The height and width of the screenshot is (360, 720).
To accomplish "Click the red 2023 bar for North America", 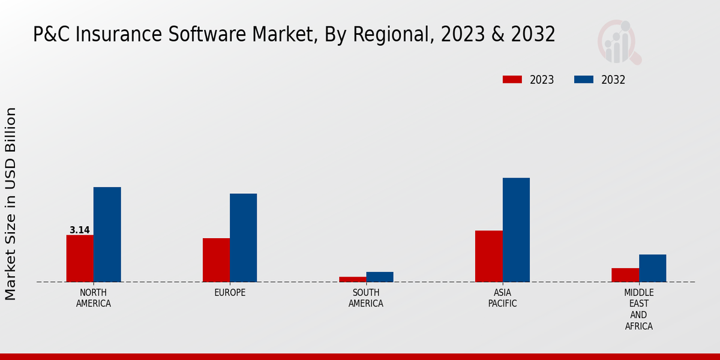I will coord(80,258).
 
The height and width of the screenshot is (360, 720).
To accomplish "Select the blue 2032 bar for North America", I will coord(107,234).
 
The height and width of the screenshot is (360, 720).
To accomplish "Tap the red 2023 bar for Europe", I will coord(216,260).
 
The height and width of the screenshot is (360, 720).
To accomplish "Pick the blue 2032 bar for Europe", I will coord(243,238).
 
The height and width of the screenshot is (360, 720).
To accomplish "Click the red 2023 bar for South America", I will coord(352,279).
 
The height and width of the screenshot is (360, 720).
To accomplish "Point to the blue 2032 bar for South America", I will coord(380,277).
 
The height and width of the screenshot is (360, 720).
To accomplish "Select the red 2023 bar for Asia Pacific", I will coord(488,256).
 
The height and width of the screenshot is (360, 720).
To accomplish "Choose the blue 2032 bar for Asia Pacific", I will coord(516,230).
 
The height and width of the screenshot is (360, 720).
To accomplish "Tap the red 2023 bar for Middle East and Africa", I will coord(625,275).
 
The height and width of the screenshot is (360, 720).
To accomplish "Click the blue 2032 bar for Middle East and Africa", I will coord(652,268).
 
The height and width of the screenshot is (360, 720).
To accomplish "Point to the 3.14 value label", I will coord(80,230).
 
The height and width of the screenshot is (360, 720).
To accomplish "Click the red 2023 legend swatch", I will coord(512,80).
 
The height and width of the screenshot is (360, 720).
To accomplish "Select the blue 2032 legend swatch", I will coord(584,80).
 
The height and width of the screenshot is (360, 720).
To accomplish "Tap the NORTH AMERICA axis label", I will coord(94,298).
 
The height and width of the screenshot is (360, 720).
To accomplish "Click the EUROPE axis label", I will coord(230,293).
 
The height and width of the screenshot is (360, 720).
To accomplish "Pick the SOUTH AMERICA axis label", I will coord(366,298).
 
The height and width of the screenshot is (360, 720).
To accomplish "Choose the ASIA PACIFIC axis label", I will coord(502,298).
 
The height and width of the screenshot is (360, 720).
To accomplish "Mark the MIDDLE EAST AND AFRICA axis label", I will coord(638,310).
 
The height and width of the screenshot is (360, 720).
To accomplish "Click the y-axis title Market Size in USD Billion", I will coord(11,204).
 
